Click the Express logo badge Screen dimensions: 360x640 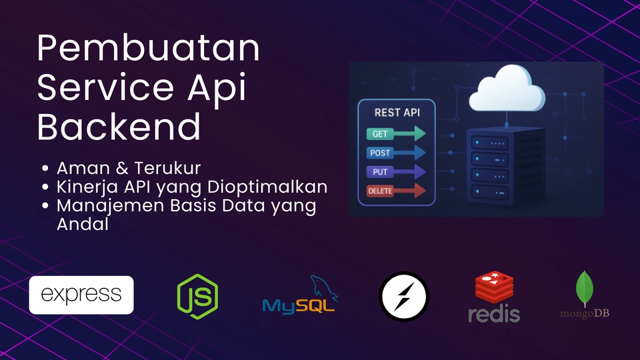pos(81,295)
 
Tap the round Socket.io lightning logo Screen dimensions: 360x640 pos(404,297)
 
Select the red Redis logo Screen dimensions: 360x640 pos(494,297)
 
